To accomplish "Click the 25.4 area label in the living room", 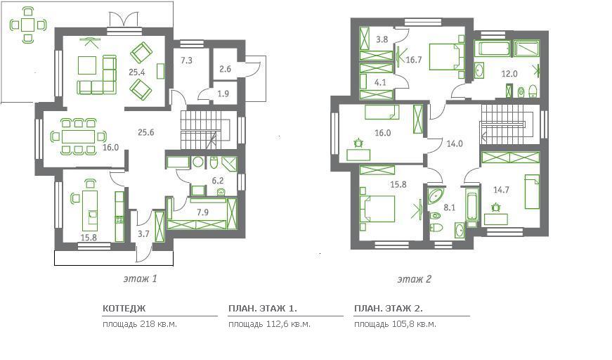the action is point(136,72).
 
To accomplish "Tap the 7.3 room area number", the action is point(186,60).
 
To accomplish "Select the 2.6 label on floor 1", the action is point(225,69).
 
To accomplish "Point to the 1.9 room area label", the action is point(223,94).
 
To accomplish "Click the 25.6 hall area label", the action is point(145,132).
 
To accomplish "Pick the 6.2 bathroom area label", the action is point(217,181).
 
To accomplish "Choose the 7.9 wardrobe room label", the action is point(202,212).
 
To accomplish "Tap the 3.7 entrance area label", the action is point(143,234).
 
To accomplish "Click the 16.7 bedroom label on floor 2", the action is point(414,60).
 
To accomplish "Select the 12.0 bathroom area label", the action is point(509,74).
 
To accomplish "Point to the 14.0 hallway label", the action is point(455,143).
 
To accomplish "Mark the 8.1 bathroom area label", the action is point(449,207).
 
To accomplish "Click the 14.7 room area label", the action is point(501,190).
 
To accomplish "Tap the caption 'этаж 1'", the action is point(140,278).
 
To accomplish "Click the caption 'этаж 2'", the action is point(414,279).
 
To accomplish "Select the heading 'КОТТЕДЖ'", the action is point(124,309).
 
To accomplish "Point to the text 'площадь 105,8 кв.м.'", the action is point(395,324).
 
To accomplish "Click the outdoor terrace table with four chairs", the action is point(27,25).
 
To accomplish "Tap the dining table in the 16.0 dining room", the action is point(78,137).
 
